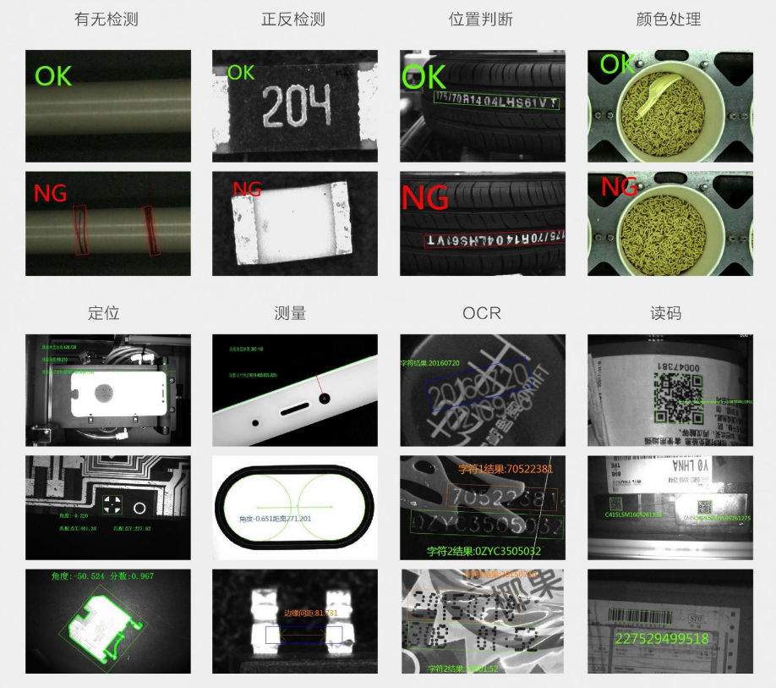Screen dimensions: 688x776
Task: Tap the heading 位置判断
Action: click(481, 19)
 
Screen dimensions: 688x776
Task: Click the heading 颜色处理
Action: click(669, 19)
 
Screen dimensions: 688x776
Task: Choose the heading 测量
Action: click(290, 312)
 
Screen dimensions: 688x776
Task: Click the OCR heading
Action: click(481, 312)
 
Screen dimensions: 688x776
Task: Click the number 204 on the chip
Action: click(295, 107)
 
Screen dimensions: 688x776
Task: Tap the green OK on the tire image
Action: click(424, 78)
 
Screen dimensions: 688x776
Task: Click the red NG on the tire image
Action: click(426, 198)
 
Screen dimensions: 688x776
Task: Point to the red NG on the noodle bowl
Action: click(619, 187)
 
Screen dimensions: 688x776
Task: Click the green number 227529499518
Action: click(662, 639)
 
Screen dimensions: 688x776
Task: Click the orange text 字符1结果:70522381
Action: click(505, 469)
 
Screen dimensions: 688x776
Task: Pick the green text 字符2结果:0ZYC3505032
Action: click(484, 551)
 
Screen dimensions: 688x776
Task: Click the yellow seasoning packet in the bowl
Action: click(658, 91)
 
